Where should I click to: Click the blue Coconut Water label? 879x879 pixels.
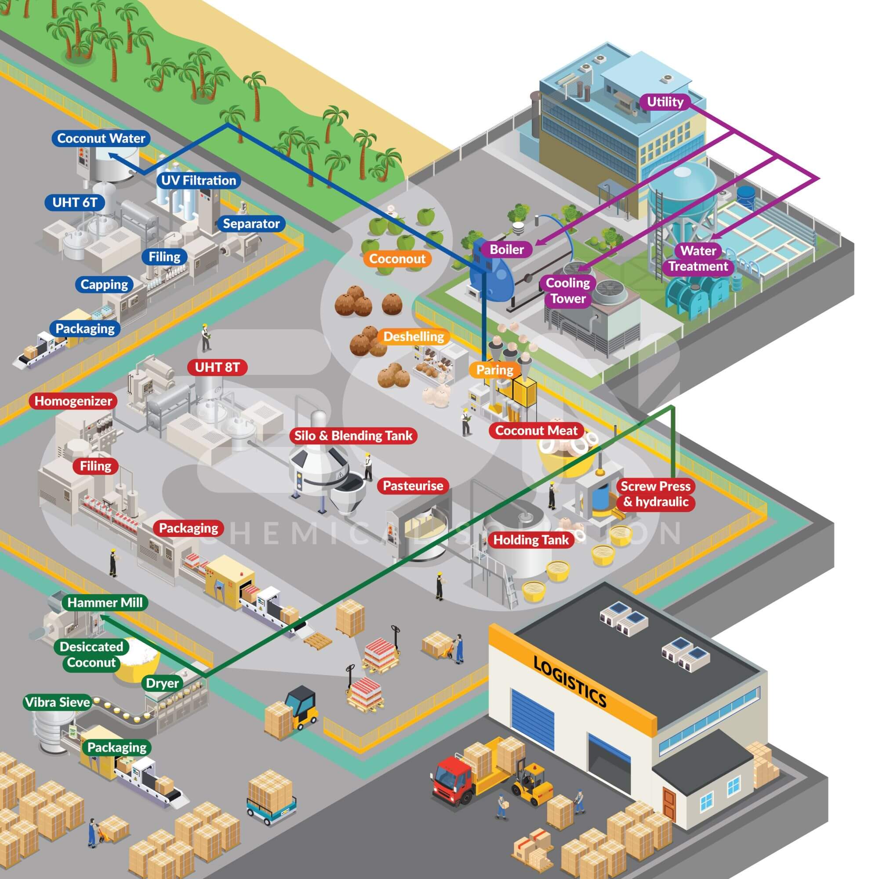(x=101, y=138)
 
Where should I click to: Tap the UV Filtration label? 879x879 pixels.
(x=199, y=181)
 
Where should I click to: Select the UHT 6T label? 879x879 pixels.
(x=75, y=203)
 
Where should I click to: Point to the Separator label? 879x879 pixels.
(x=251, y=224)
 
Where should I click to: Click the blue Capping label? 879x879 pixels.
(x=104, y=285)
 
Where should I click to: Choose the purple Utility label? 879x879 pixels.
(x=665, y=102)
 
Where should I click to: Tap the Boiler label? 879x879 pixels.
(x=506, y=249)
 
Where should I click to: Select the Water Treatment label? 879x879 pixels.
(x=698, y=258)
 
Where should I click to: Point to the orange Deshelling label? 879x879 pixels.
(x=414, y=337)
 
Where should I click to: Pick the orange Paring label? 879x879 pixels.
(x=494, y=370)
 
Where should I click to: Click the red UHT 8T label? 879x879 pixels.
(x=218, y=367)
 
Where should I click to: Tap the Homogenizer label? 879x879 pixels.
(x=73, y=401)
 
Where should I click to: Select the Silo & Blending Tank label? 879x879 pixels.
(x=353, y=436)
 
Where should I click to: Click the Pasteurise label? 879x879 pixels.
(x=413, y=486)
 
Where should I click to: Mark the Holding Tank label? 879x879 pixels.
(x=531, y=540)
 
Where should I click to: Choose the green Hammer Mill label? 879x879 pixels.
(x=105, y=603)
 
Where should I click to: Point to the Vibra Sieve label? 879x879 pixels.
(x=58, y=702)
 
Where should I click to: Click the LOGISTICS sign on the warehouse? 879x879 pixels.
(x=570, y=681)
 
